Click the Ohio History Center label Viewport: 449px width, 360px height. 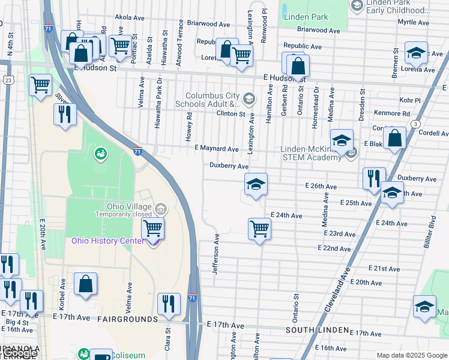click(107, 241)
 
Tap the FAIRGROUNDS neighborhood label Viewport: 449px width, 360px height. click(128, 319)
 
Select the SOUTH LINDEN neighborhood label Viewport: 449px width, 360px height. click(318, 330)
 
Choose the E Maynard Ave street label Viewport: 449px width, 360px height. click(217, 149)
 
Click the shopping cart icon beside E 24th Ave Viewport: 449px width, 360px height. click(259, 228)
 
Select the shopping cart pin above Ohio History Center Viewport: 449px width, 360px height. click(152, 228)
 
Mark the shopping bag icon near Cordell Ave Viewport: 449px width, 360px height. click(396, 139)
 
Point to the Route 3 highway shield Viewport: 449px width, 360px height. click(415, 124)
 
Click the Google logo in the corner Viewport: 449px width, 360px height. click(18, 353)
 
